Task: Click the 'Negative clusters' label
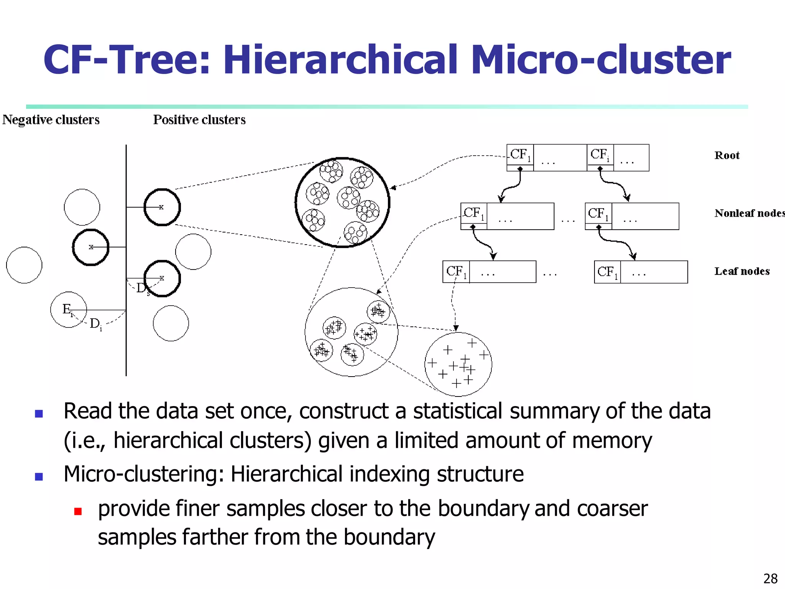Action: pos(51,120)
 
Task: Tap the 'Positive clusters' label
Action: pos(199,120)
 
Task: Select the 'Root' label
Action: pos(727,155)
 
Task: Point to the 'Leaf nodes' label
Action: pos(742,271)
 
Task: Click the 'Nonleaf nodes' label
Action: pos(749,213)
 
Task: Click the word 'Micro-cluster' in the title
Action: pos(601,60)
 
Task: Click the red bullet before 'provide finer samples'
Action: pos(78,511)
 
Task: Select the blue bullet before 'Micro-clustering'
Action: pos(39,477)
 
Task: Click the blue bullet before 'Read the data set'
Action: pos(39,413)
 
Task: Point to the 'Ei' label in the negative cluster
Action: pos(67,309)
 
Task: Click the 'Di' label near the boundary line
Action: pos(95,324)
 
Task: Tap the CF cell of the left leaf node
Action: pos(456,271)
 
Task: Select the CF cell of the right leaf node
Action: pos(608,272)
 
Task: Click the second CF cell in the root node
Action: pos(600,155)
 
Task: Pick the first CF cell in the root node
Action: pos(520,155)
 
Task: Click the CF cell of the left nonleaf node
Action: pos(474,213)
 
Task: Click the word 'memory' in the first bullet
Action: pos(612,440)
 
